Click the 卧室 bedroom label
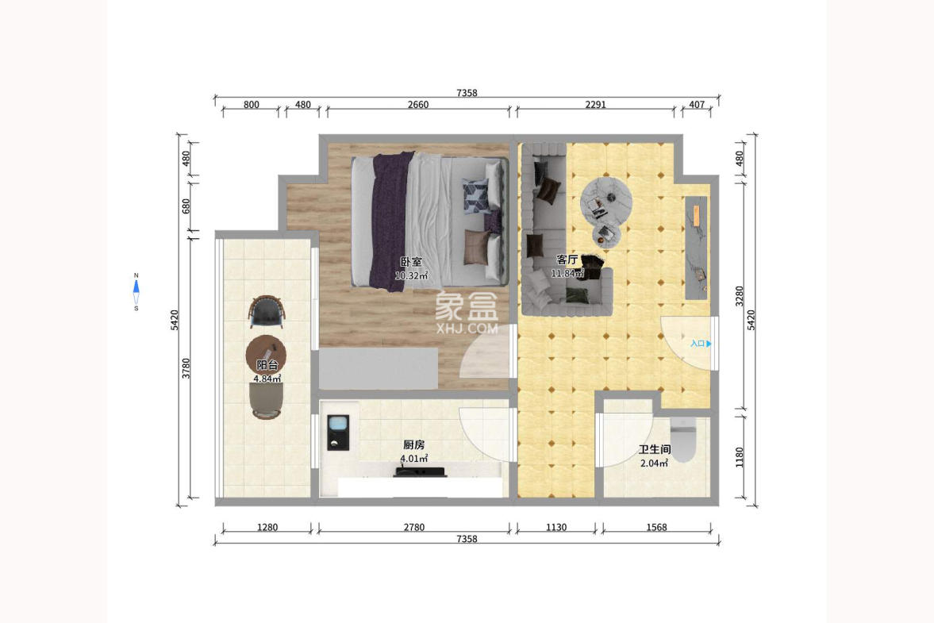410,262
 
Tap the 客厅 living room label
567,260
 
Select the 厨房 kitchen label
413,445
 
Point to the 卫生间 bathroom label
655,449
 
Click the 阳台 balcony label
267,365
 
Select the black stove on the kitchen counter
420,473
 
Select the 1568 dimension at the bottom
656,527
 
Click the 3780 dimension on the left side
186,369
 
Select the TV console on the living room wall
696,247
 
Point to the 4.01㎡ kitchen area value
414,459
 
